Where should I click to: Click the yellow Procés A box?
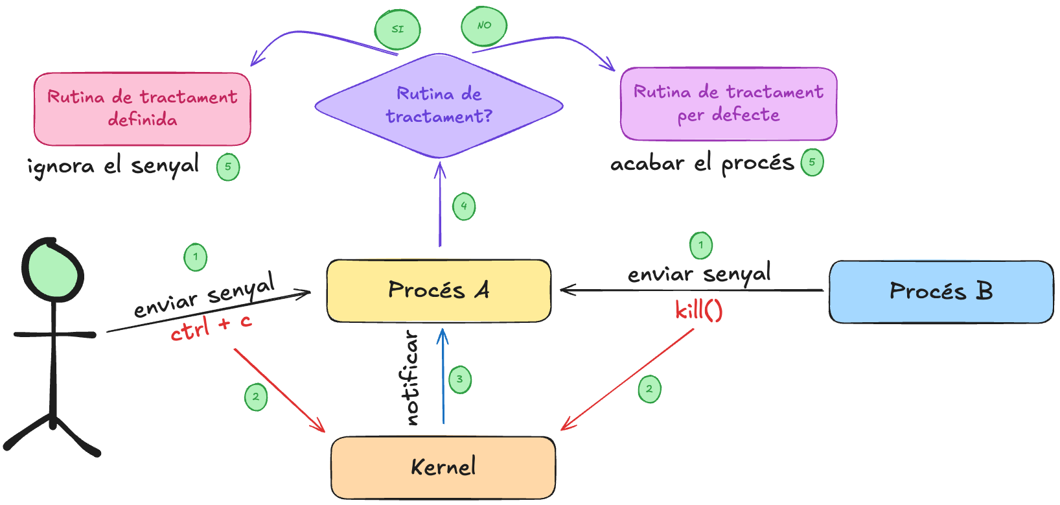(439, 290)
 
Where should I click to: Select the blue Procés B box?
(941, 292)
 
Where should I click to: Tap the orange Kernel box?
(443, 467)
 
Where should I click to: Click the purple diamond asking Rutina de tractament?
(439, 106)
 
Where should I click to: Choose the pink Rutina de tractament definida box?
(142, 108)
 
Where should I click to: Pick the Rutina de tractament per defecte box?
(728, 104)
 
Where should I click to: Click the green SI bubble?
(398, 29)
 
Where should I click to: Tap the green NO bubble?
(484, 26)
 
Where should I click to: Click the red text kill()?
(698, 311)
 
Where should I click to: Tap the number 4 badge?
(464, 206)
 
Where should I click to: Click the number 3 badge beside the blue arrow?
(459, 379)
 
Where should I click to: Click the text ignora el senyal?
(113, 166)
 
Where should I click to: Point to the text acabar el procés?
(702, 163)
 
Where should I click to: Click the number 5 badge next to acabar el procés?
(812, 162)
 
